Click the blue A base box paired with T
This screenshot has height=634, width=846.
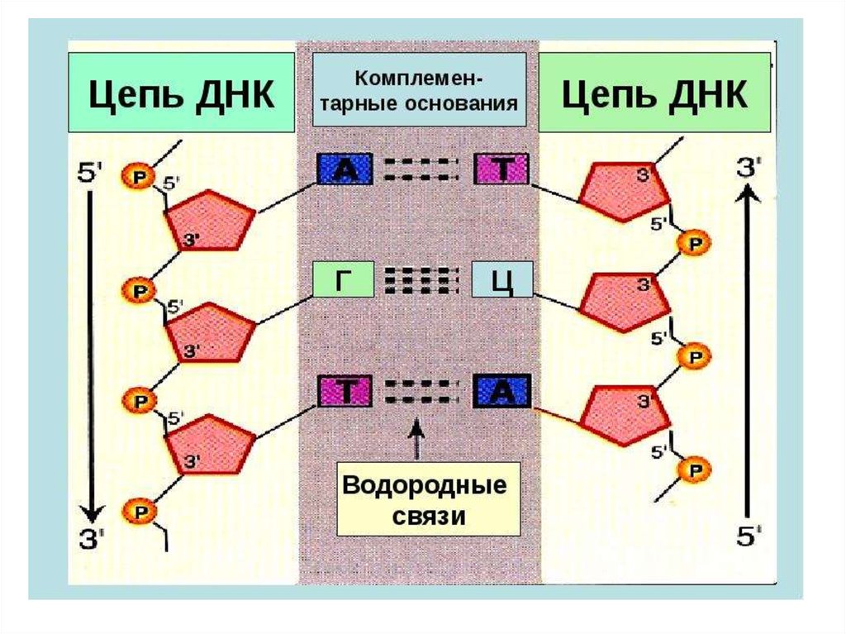345,170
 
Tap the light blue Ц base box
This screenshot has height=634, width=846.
502,281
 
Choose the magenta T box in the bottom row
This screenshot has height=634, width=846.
345,392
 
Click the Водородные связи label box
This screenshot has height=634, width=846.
428,499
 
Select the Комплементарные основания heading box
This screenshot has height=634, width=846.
420,91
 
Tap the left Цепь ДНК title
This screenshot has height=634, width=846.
181,93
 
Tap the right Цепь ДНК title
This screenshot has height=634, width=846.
654,93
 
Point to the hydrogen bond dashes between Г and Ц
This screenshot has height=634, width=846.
421,281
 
